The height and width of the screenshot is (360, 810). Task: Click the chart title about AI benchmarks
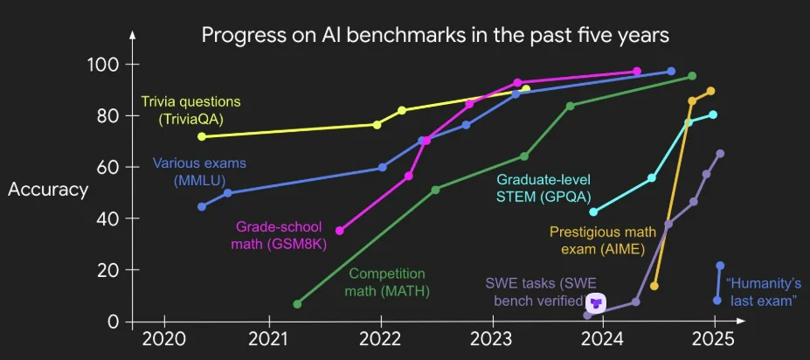pos(436,35)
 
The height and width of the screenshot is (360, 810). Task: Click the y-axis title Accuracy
pos(48,190)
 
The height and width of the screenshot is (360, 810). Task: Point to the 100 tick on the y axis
pos(105,65)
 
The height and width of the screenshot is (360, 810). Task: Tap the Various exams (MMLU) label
pos(199,170)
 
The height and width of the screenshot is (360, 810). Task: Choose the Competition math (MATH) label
pos(386,282)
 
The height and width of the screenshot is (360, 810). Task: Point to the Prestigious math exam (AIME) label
pos(597,240)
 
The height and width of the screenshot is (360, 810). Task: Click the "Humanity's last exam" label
pos(761,292)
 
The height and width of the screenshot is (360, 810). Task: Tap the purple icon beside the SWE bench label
pos(595,303)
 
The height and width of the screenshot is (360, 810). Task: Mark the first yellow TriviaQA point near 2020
pos(202,136)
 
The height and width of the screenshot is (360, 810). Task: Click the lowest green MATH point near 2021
pos(297,304)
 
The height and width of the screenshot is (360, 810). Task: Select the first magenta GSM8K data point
pos(339,231)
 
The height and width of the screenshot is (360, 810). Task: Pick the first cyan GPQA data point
pos(594,211)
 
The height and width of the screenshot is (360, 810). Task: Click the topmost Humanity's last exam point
pos(720,266)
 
